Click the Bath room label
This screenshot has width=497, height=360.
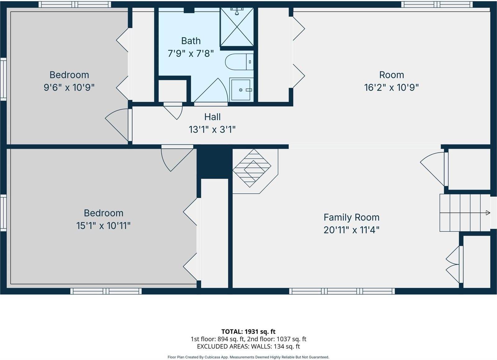coord(191,41)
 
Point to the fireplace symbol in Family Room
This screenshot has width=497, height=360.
coord(252,168)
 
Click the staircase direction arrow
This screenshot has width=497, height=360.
coord(488,213)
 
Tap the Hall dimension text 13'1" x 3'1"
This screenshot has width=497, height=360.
coord(212,129)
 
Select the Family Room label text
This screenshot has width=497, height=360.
coord(351,217)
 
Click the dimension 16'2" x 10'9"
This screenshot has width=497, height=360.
coord(391,87)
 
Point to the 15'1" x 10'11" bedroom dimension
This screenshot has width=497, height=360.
coord(103,226)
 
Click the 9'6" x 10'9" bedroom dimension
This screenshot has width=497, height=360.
coord(69,87)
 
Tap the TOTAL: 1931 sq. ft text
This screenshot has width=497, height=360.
coord(248,331)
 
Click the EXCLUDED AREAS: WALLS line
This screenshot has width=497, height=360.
coord(248,346)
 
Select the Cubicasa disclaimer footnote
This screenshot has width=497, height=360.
coord(248,357)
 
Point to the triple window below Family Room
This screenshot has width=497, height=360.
coord(342,291)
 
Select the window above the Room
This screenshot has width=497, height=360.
coord(437,4)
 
